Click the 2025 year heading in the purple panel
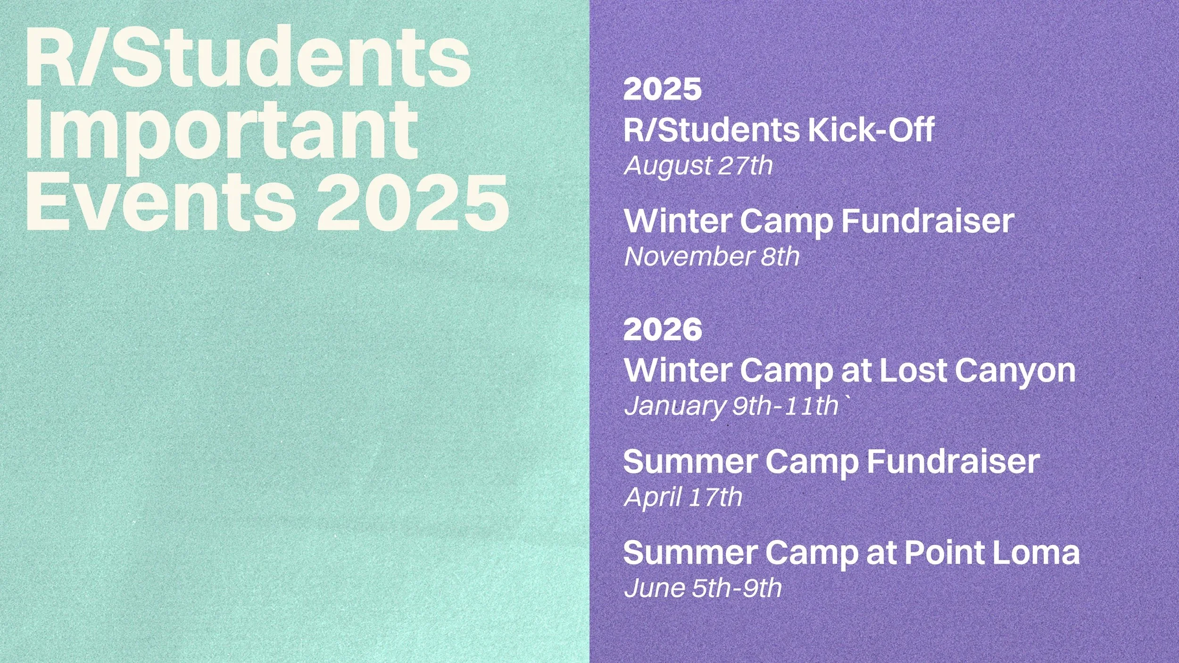tap(662, 89)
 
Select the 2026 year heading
tap(662, 329)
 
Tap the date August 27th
tap(698, 166)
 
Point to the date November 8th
tap(712, 257)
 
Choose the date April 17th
tap(682, 497)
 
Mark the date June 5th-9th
tap(702, 588)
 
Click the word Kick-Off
tap(871, 130)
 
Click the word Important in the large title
tap(222, 132)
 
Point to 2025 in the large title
tap(412, 203)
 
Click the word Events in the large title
tap(160, 203)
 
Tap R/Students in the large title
tap(248, 57)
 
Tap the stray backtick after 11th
tap(846, 400)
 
